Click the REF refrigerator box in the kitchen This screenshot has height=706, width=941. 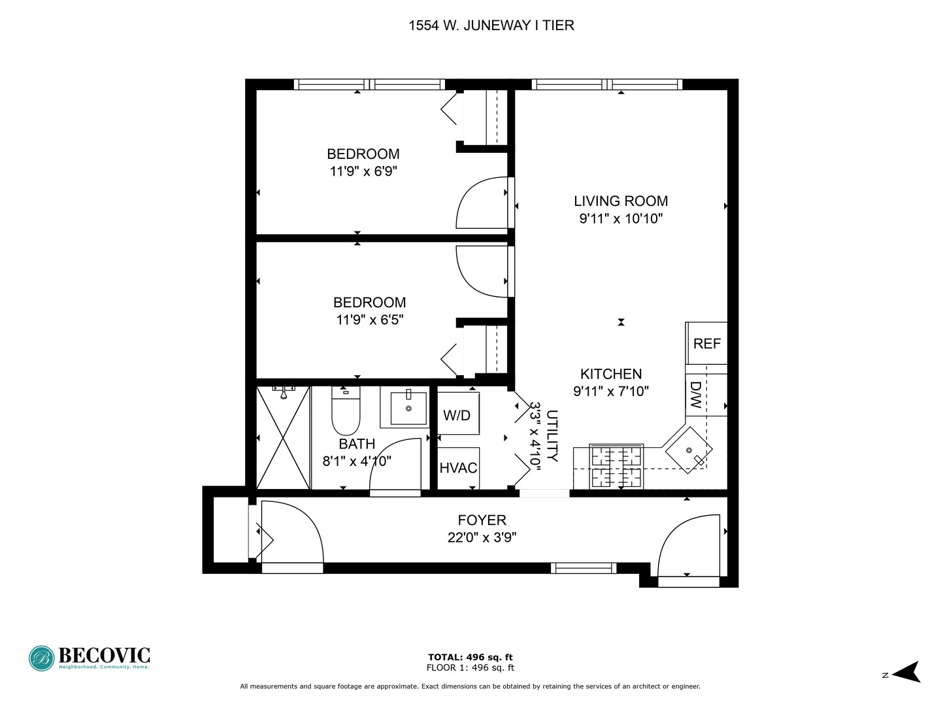coord(706,343)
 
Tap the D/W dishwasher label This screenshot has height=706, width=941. coord(695,395)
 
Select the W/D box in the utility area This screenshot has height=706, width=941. coord(457,415)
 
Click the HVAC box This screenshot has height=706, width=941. coord(458,468)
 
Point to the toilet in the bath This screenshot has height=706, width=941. coord(346,412)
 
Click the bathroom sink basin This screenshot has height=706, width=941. coord(408,408)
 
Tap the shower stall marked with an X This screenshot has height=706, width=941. coord(282,437)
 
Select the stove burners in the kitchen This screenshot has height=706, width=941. coord(616,466)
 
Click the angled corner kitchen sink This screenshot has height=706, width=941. coord(688,450)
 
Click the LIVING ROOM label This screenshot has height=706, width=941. coord(621,201)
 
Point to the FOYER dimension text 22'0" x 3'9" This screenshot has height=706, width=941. coord(482,538)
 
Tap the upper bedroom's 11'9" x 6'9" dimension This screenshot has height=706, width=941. coord(363,172)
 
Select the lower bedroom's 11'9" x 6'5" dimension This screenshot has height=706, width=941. coord(369,320)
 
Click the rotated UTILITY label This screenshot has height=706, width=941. coord(552,436)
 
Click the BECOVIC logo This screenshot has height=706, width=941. coord(90,658)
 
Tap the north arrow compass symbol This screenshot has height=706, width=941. coord(906,672)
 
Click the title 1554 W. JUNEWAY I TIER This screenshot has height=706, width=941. coord(491,25)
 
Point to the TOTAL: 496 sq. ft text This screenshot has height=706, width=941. coord(470,657)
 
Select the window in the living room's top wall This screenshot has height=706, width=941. coord(607,84)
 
